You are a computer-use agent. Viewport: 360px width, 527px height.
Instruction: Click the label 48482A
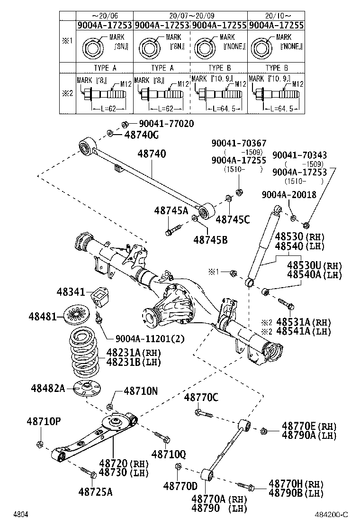(x=48, y=388)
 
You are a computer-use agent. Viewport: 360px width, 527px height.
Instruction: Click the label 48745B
(x=210, y=240)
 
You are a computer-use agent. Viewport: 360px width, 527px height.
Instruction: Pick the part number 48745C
(x=233, y=219)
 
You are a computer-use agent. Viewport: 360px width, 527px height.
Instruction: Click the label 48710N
(x=141, y=391)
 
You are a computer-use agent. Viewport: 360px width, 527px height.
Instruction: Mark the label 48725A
(x=96, y=491)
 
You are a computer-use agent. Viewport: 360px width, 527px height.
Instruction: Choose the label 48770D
(x=180, y=486)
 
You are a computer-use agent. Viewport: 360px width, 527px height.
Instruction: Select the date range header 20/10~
(x=276, y=15)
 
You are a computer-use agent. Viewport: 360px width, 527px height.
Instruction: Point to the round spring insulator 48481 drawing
(x=78, y=315)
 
